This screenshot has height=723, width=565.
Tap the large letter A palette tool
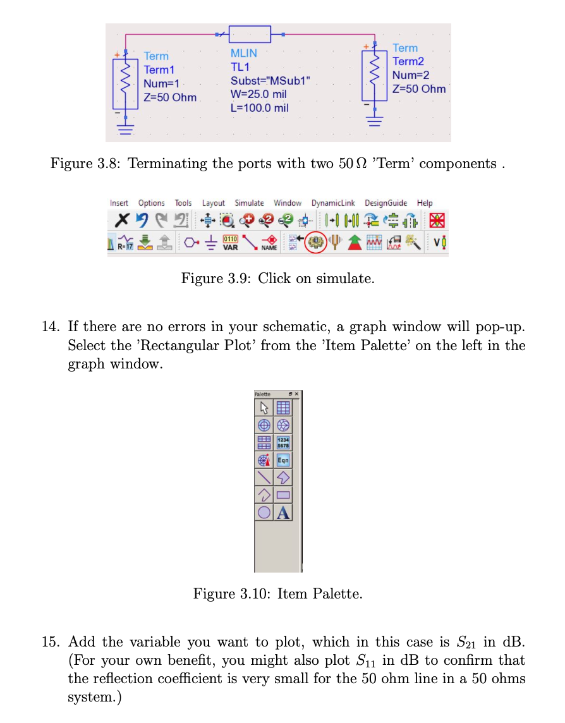coord(284,513)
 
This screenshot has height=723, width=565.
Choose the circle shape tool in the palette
coord(264,513)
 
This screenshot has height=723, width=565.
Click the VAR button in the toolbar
coord(230,243)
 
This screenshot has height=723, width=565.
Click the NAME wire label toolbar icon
coord(270,243)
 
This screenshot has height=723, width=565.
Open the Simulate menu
coord(249,203)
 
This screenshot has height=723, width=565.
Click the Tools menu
coord(183,203)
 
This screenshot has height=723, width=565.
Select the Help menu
coord(425,203)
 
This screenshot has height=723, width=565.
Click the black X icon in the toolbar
coord(121,222)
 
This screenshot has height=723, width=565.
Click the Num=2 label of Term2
coord(411,75)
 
